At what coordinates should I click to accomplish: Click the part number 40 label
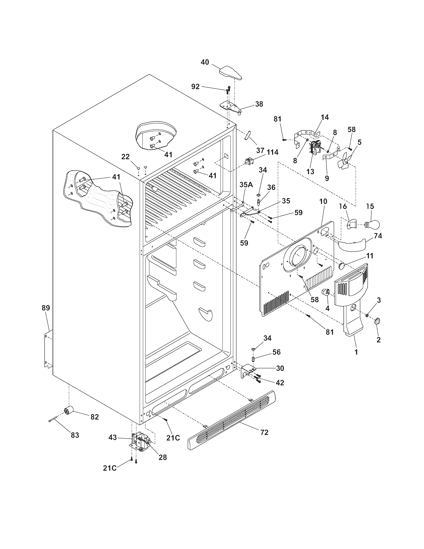(205, 62)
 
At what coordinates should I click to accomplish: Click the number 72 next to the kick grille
(264, 432)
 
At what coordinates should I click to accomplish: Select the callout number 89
(46, 308)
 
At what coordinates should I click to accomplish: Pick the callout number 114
(273, 152)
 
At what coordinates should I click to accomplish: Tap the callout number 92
(195, 87)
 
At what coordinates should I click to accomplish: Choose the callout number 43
(112, 437)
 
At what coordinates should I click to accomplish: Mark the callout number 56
(276, 352)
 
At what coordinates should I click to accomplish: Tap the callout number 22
(125, 157)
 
